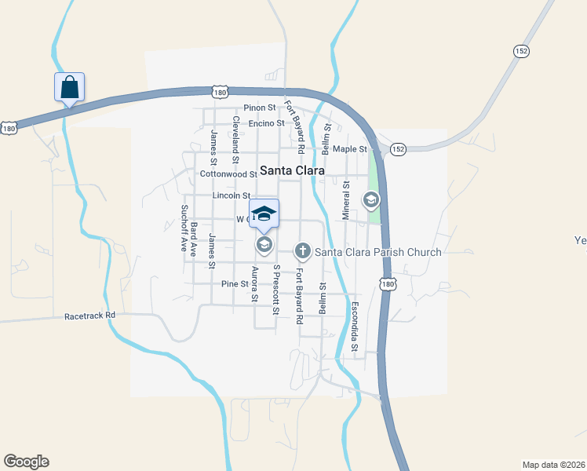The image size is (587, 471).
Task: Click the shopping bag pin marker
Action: pyautogui.click(x=69, y=86)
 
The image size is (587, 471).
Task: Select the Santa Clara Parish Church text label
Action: pyautogui.click(x=377, y=252)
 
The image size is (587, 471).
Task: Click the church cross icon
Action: pyautogui.click(x=302, y=251)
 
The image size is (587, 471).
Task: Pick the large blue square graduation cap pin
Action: pyautogui.click(x=264, y=214)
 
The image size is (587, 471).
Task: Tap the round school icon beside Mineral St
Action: pyautogui.click(x=370, y=200)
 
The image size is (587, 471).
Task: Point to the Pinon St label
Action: pyautogui.click(x=260, y=108)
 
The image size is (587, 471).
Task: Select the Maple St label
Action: pyautogui.click(x=349, y=149)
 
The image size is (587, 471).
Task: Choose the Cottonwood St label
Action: pyautogui.click(x=228, y=174)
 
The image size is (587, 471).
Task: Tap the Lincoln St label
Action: pyautogui.click(x=231, y=195)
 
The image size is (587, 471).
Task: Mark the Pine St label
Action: pyautogui.click(x=235, y=283)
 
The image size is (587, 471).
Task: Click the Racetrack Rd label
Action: pyautogui.click(x=89, y=315)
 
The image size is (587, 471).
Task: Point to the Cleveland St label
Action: pyautogui.click(x=235, y=135)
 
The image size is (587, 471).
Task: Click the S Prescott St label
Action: pyautogui.click(x=275, y=290)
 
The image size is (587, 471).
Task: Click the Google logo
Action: pyautogui.click(x=26, y=462)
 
